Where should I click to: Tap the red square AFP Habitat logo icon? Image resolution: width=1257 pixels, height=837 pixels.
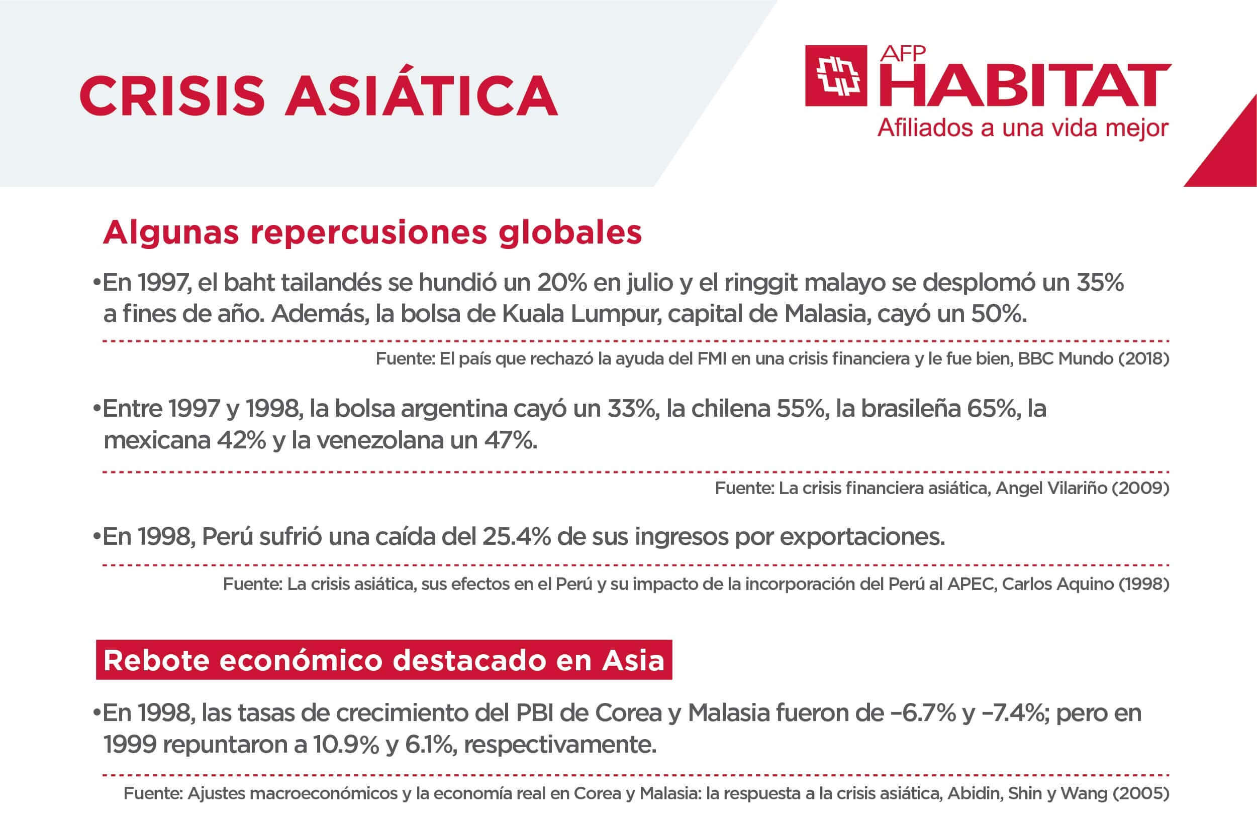click(835, 76)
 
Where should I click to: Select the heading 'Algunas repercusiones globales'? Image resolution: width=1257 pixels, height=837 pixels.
click(372, 233)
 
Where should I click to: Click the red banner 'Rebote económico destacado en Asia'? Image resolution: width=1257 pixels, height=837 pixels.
click(384, 660)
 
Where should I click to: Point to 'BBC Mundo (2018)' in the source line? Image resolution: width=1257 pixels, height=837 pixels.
click(1094, 358)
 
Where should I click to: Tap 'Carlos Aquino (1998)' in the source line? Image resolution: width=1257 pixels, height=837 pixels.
click(1086, 583)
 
